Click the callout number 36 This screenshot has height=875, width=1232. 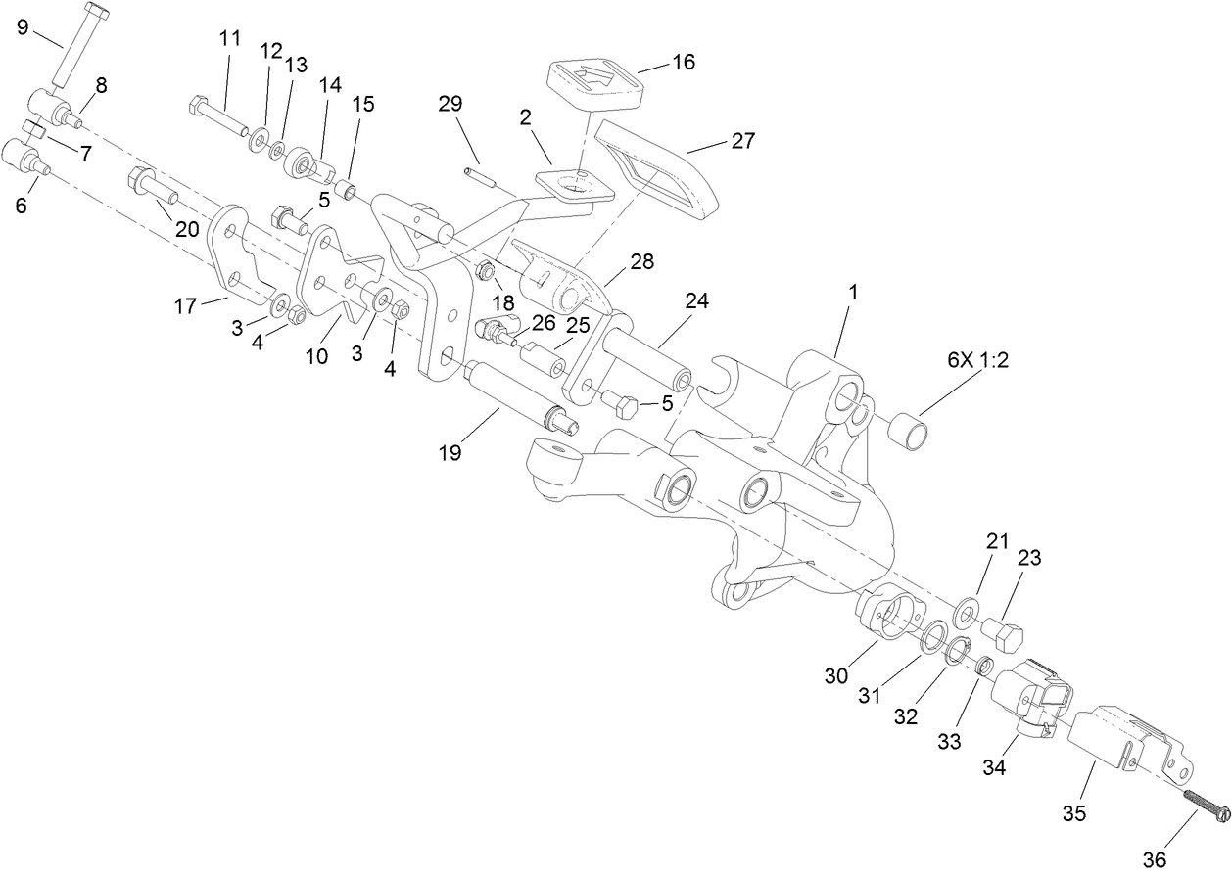click(1155, 859)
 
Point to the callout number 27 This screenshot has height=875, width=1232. click(742, 141)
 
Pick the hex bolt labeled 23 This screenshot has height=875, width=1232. click(1002, 636)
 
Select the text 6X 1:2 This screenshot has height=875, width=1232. click(977, 359)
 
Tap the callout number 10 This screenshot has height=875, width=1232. click(316, 356)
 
